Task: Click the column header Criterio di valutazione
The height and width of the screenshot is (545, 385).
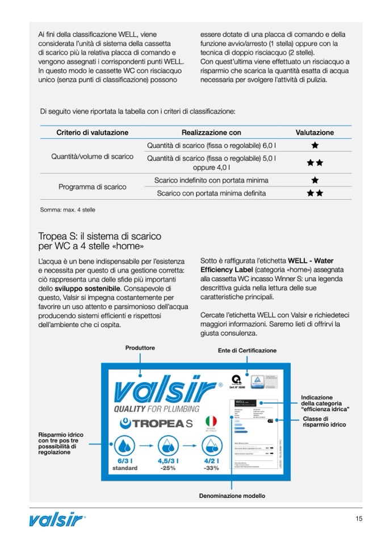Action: (92, 132)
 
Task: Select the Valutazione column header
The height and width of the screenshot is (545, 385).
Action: (315, 132)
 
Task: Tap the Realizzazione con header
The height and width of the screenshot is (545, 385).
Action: (211, 132)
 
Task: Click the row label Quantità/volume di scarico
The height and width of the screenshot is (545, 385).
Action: (92, 156)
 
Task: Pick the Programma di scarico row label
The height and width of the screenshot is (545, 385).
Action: (92, 186)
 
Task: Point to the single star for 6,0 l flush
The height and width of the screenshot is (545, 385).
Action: (315, 145)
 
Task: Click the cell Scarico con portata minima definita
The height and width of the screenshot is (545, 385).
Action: (211, 193)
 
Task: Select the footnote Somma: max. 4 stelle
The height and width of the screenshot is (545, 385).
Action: (68, 210)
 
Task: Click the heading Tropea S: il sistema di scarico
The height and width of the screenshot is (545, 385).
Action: (99, 236)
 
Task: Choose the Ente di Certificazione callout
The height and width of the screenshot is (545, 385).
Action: (247, 351)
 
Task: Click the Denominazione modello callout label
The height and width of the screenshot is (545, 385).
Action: (232, 496)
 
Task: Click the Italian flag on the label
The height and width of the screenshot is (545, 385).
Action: (211, 422)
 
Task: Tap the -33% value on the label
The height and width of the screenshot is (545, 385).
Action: (211, 468)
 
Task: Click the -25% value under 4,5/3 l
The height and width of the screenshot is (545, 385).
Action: (168, 468)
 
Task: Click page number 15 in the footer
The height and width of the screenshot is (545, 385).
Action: (359, 518)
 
